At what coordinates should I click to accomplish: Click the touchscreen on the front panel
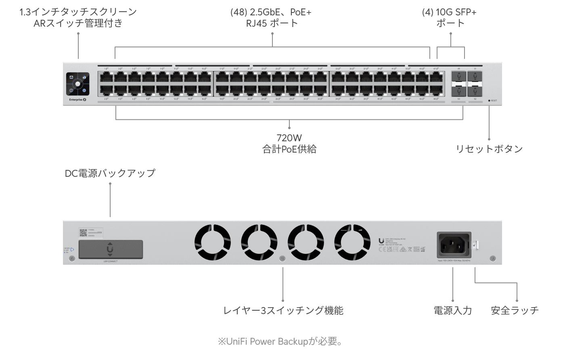click(x=77, y=84)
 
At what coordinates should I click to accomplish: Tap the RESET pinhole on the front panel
click(x=489, y=100)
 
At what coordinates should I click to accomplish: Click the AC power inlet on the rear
click(x=454, y=244)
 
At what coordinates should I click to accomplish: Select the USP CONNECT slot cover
click(x=110, y=249)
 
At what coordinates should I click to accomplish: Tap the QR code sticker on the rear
click(x=84, y=232)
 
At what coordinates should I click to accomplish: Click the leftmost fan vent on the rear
click(x=213, y=243)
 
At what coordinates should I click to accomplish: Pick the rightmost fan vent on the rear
click(x=352, y=243)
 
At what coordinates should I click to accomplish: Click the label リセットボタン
click(x=489, y=149)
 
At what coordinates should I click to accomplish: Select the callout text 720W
click(x=289, y=138)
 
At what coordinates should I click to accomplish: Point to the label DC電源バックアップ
click(x=110, y=173)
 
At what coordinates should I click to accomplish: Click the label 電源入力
click(x=452, y=310)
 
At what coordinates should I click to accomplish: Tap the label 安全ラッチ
click(x=515, y=310)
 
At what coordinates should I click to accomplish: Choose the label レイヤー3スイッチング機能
click(x=283, y=310)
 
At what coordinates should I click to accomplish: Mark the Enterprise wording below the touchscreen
click(x=76, y=100)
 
